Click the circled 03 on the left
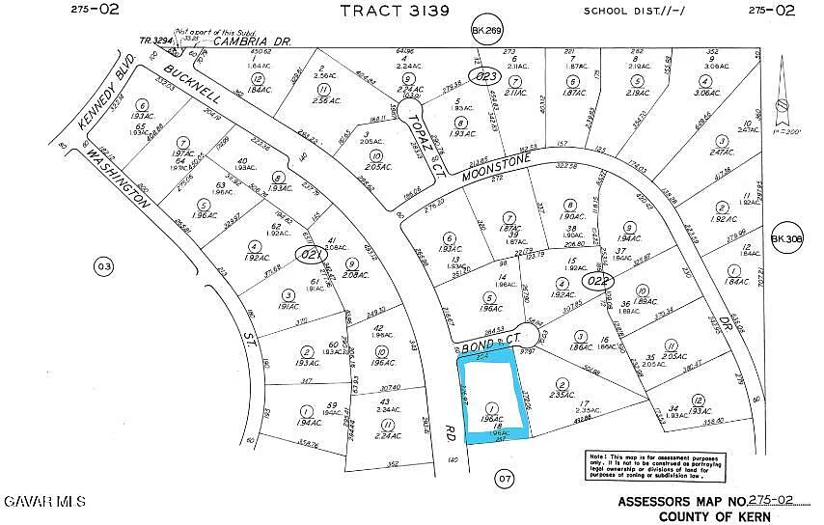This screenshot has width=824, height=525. tap(104, 265)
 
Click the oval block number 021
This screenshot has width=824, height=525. tap(310, 254)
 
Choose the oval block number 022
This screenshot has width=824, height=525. tap(598, 281)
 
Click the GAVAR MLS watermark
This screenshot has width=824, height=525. tap(45, 502)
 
